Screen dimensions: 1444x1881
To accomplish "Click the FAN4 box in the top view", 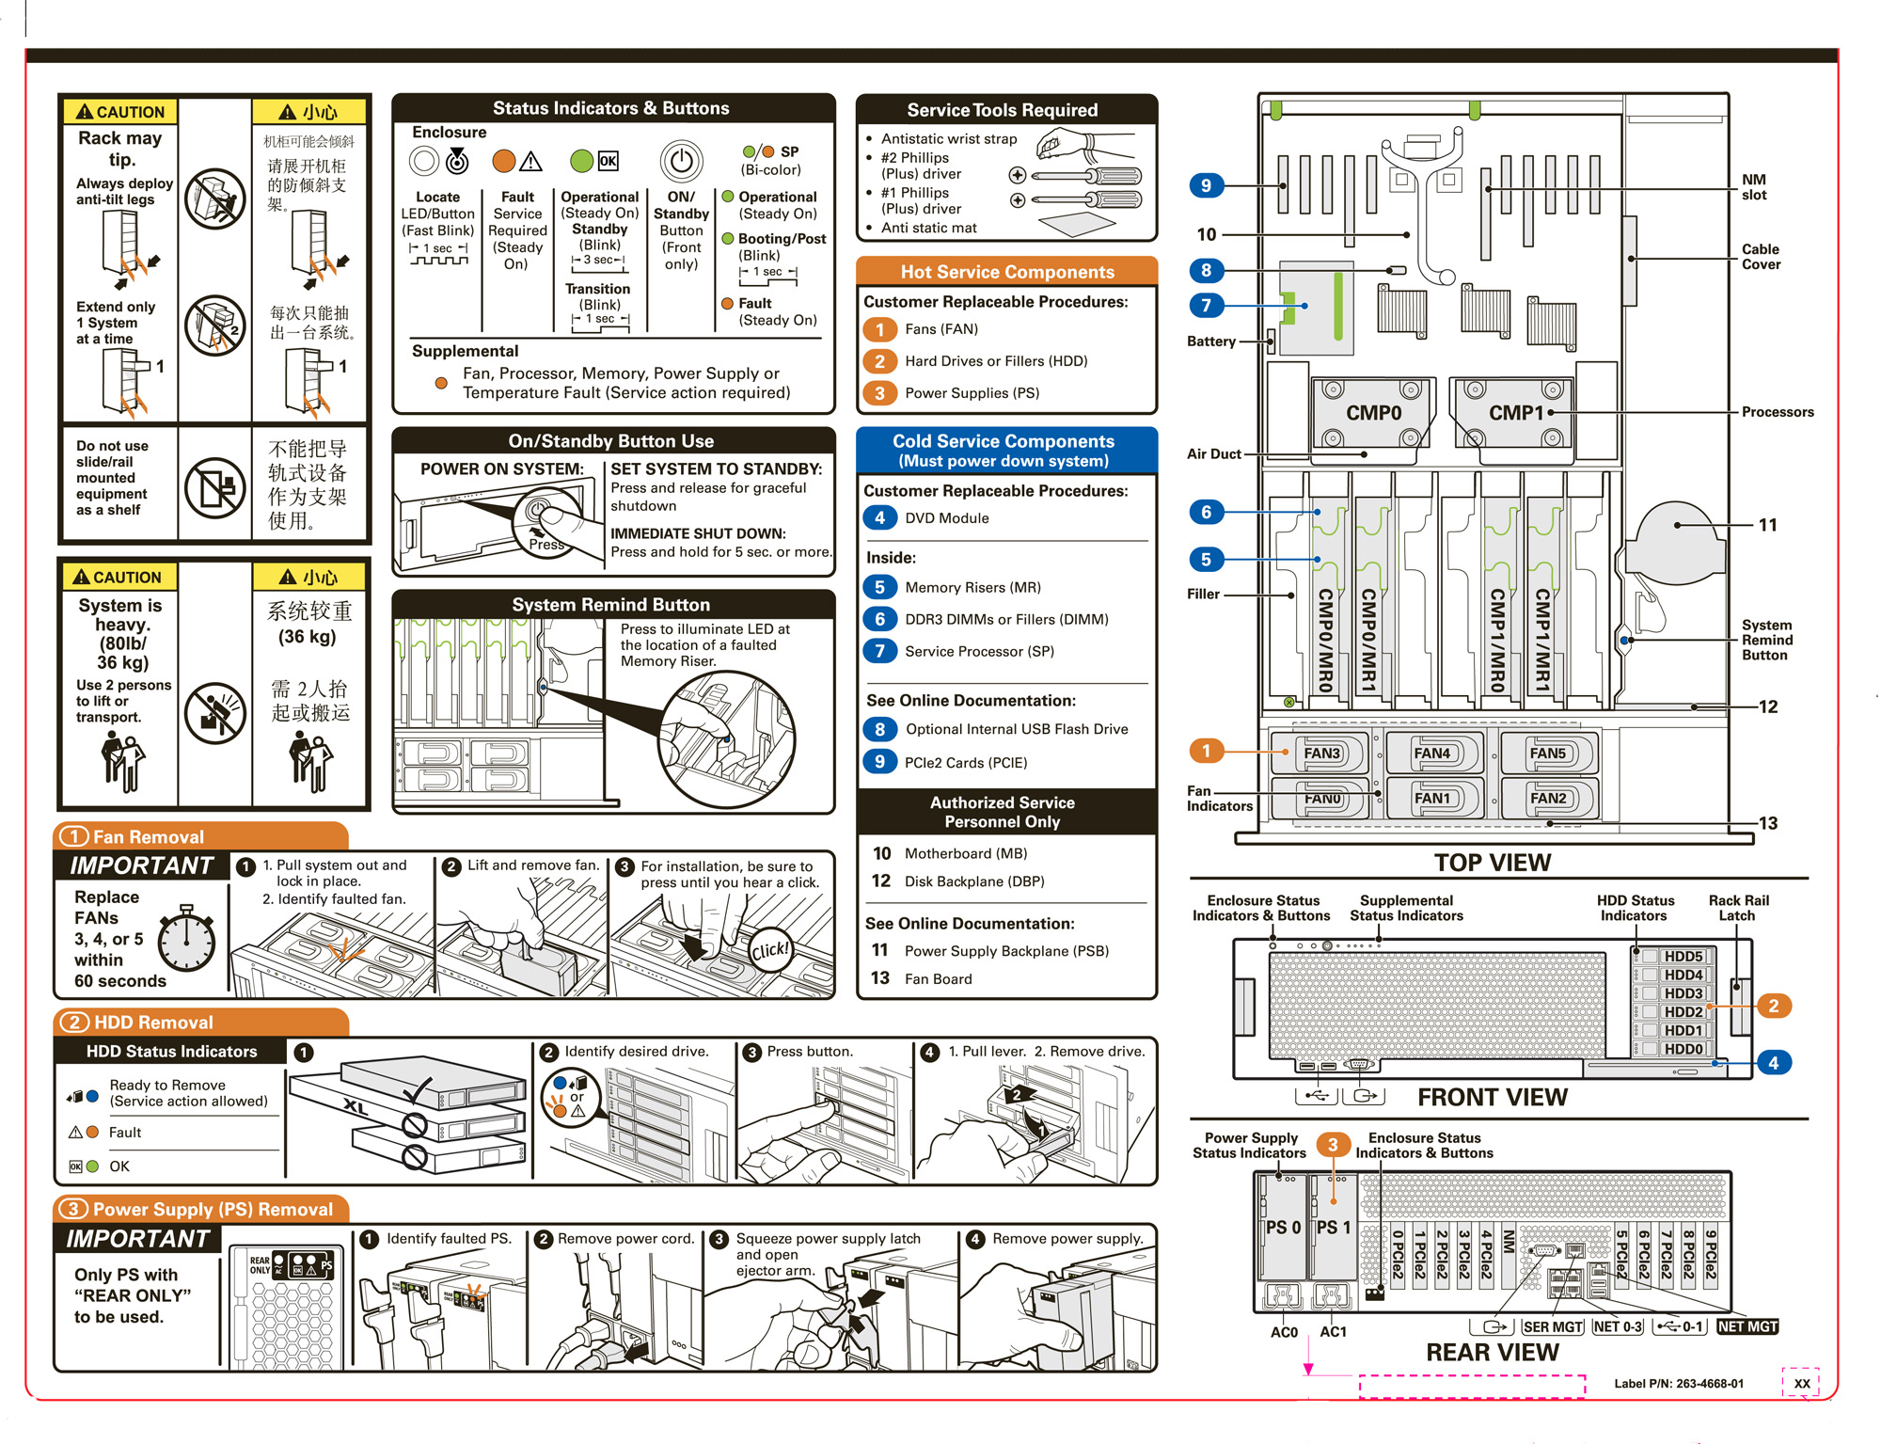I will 1432,754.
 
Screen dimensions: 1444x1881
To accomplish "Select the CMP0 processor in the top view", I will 1373,413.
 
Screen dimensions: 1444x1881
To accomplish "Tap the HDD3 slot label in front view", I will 1683,993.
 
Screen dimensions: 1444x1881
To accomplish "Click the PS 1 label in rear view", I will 1334,1228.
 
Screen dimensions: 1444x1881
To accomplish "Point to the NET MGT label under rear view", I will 1747,1326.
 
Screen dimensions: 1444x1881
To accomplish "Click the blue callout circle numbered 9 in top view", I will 1206,185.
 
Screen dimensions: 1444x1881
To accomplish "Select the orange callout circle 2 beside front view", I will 1773,1006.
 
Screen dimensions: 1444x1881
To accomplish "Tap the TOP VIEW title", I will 1493,863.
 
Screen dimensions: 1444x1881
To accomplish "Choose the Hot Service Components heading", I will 1006,272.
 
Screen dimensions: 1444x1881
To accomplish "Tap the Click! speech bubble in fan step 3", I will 770,950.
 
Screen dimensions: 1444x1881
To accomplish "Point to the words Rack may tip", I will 120,149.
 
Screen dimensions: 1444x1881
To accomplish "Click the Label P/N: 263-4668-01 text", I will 1679,1384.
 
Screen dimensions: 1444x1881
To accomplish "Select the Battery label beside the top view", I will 1210,341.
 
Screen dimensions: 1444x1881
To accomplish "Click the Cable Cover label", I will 1760,257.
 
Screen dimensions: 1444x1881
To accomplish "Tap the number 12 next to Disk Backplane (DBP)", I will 880,881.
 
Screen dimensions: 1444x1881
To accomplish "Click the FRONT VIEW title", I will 1493,1098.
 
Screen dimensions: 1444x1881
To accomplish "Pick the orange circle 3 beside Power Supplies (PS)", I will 879,393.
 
